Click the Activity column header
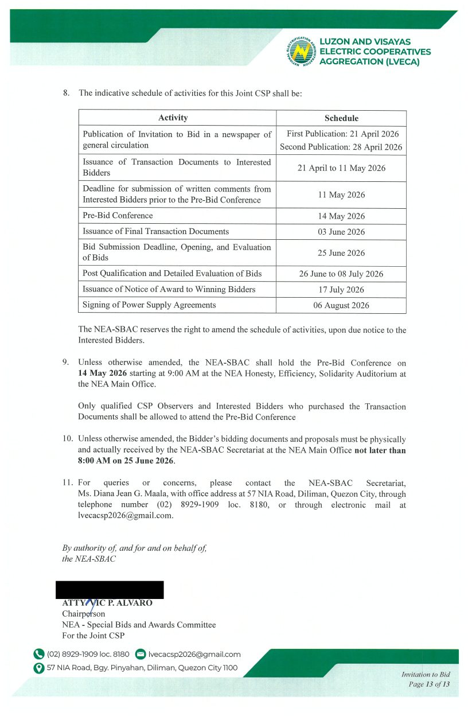(173, 118)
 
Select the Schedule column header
(341, 118)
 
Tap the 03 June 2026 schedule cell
(341, 232)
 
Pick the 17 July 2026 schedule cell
(341, 290)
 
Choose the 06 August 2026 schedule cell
(341, 305)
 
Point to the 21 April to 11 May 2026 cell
(341, 168)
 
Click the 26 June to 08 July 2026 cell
(341, 274)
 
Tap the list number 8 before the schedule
(65, 92)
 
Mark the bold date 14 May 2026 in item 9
(103, 373)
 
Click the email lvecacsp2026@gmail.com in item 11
(125, 515)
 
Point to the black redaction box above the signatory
(110, 589)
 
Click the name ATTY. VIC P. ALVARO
(107, 603)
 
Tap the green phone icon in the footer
(39, 654)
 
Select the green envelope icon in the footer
(141, 654)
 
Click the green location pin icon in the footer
(39, 668)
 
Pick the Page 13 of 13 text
(429, 684)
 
